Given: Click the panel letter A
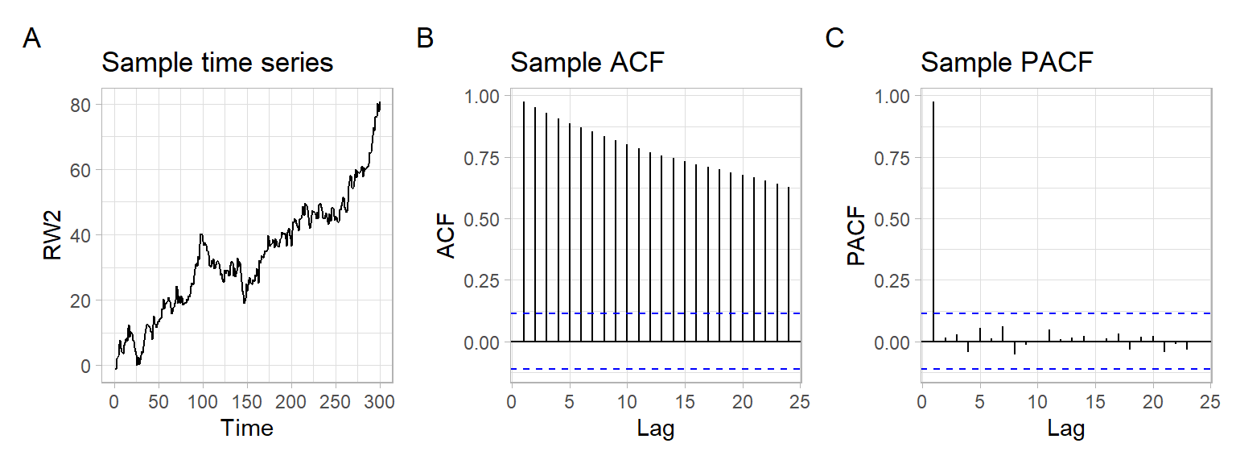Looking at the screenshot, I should point(31,38).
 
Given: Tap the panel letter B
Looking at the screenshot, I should point(425,38).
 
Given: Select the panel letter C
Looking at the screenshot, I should point(835,38).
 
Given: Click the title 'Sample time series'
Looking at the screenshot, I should point(217,63).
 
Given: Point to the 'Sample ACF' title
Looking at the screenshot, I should point(588,63).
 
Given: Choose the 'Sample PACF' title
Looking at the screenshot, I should point(1007,63).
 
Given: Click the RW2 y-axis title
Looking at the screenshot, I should point(53,234).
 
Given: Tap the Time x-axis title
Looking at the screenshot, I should point(247,428).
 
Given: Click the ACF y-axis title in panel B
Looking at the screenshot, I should point(447,234).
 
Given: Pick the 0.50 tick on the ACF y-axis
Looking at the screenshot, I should point(481,219).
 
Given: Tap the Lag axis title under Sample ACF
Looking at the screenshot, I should point(656,428).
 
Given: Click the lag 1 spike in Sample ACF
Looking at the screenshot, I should point(524,222).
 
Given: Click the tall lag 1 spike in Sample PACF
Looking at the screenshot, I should point(933,222).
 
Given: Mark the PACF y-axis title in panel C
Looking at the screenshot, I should point(857,234).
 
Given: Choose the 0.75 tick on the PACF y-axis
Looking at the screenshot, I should point(892,158).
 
